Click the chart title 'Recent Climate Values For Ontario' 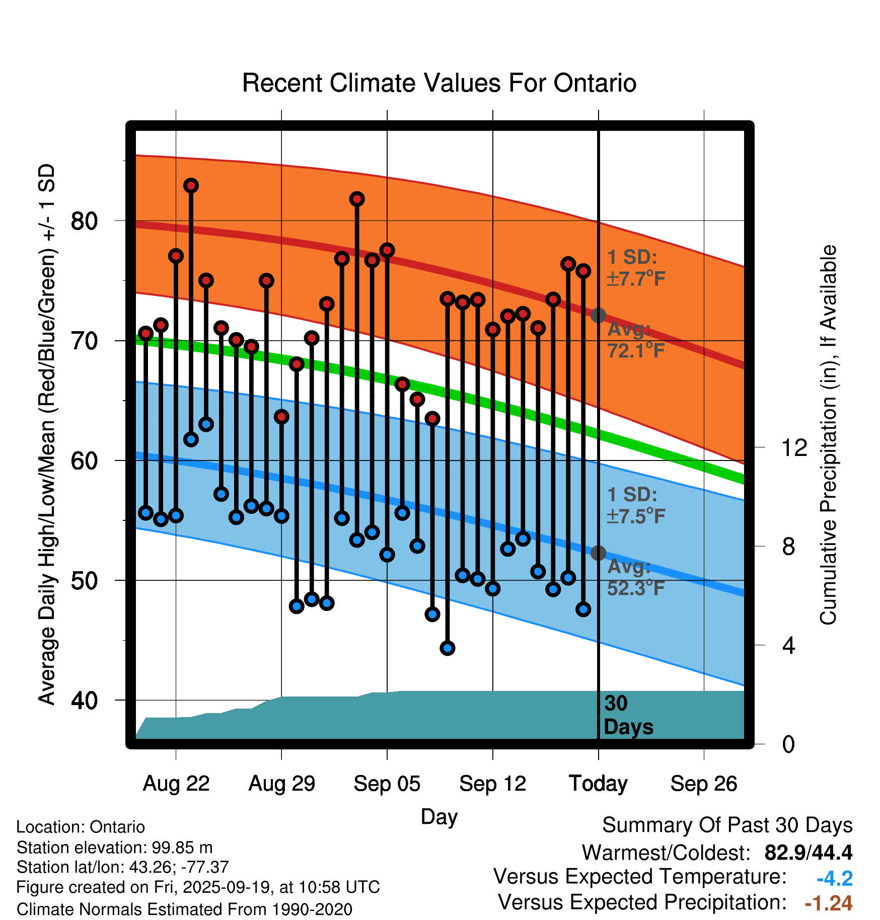point(439,83)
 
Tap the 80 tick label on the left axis point(84,221)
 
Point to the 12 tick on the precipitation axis point(794,447)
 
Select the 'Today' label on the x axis point(598,784)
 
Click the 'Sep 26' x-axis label point(703,784)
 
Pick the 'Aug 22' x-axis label point(176,784)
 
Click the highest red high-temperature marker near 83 point(191,186)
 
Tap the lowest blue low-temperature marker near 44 point(448,648)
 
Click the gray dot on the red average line point(598,316)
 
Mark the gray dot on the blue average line point(598,553)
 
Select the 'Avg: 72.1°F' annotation point(636,340)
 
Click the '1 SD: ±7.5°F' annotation point(636,505)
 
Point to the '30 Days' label point(628,715)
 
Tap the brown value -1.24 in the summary point(828,903)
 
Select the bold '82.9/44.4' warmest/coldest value point(808,853)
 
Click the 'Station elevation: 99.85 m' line point(115,848)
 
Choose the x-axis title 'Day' point(439,816)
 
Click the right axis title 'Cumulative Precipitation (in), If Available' point(828,435)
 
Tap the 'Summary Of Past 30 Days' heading point(727,825)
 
